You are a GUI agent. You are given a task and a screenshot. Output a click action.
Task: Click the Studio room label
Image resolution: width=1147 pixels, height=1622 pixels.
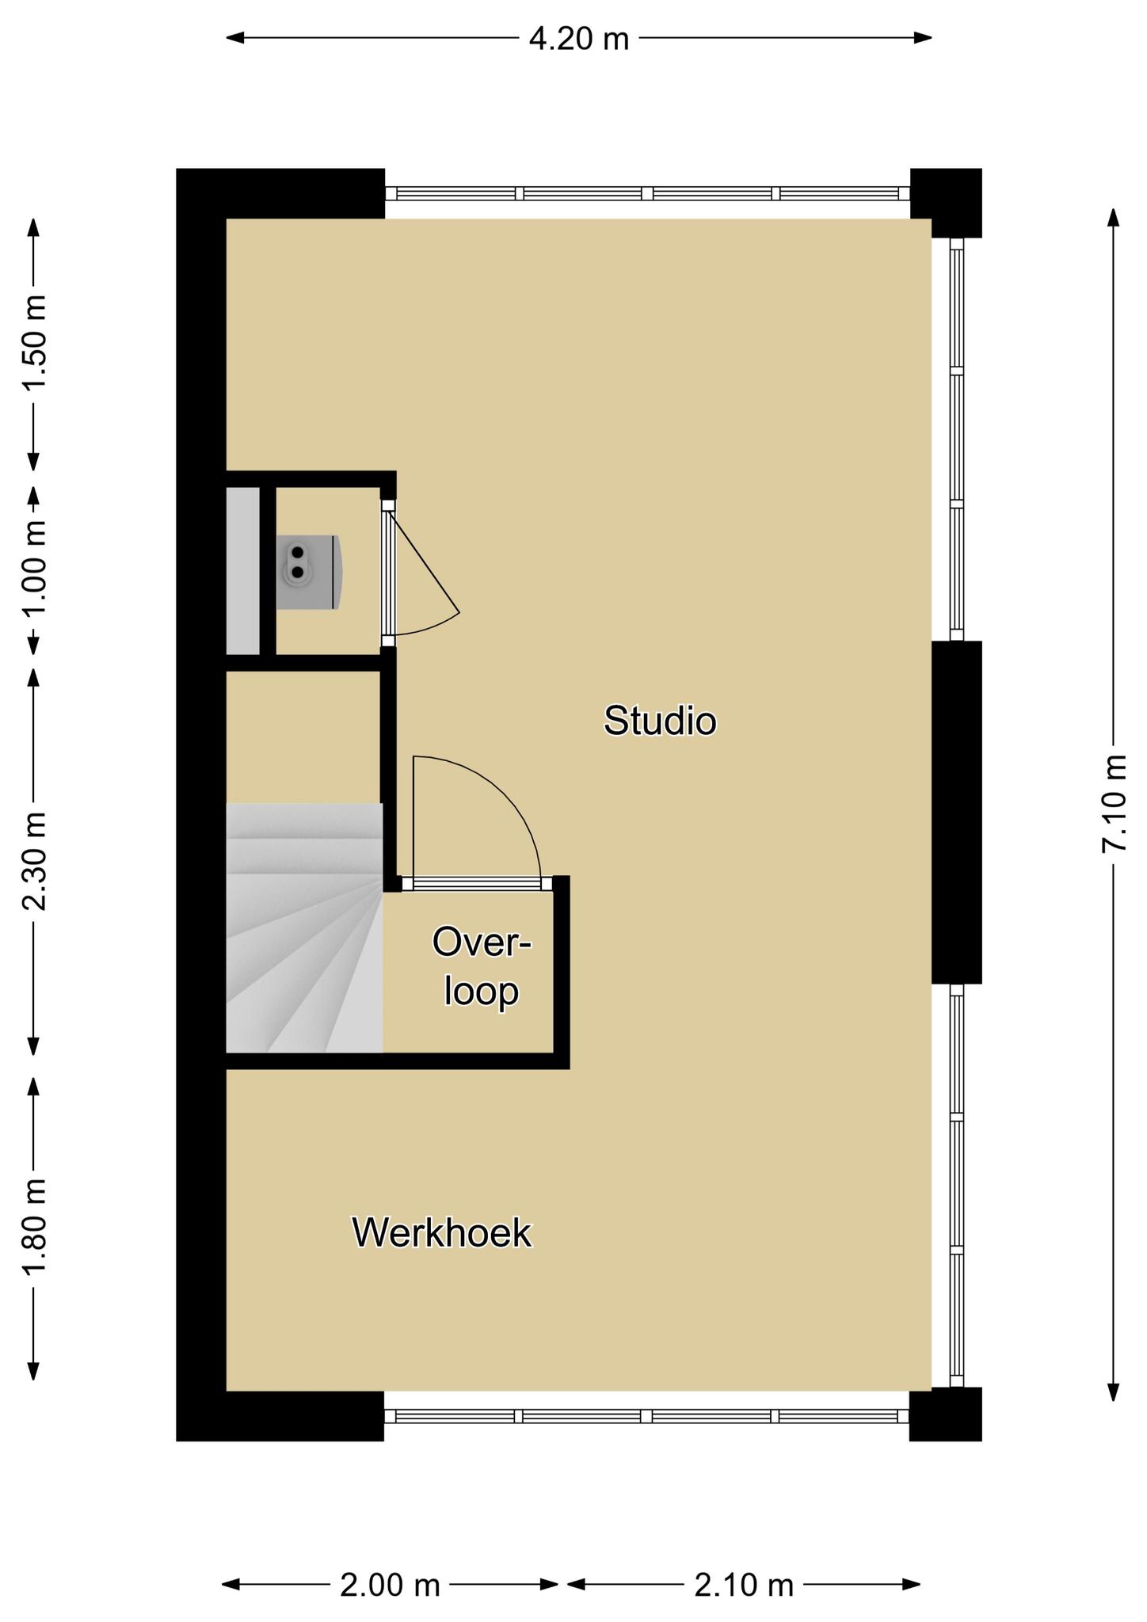[x=660, y=721]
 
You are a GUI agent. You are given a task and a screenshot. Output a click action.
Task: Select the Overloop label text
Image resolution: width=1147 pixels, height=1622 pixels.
[x=482, y=966]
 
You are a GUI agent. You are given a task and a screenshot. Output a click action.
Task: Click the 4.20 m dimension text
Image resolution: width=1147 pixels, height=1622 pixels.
[x=579, y=38]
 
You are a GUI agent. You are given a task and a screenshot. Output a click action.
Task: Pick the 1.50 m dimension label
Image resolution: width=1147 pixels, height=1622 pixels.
[x=34, y=342]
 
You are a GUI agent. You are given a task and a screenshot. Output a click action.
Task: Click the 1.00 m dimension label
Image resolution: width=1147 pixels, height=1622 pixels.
[x=34, y=568]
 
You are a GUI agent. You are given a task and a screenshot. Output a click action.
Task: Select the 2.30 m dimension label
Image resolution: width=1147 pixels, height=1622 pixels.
[x=34, y=861]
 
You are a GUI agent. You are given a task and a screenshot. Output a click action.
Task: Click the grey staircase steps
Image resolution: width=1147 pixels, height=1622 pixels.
[x=304, y=928]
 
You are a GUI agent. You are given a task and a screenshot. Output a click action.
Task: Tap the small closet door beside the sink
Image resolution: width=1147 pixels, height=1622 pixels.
[x=420, y=570]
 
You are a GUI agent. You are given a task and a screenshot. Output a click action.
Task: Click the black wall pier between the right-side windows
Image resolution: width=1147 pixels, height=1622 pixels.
[x=956, y=812]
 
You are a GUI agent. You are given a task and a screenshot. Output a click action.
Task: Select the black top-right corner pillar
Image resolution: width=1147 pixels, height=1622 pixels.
[x=947, y=202]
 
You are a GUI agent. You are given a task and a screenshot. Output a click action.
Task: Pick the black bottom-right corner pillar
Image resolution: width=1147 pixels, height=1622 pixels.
[x=946, y=1414]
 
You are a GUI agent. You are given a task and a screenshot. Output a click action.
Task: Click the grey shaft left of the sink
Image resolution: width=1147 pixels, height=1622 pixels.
[x=243, y=571]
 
